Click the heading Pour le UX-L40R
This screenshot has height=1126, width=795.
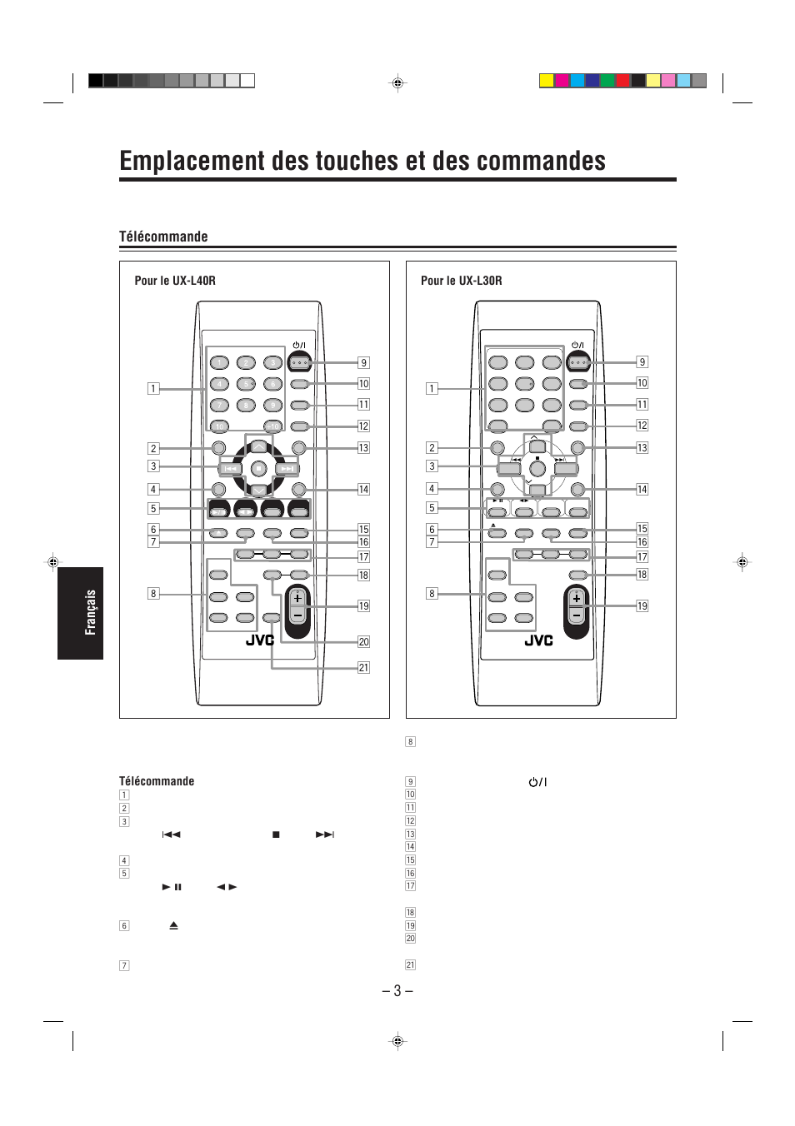click(x=175, y=281)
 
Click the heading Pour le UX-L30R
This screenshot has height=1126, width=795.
click(x=461, y=281)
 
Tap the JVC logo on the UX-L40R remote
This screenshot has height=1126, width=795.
click(x=260, y=640)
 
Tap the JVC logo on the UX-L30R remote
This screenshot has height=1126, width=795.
click(x=538, y=640)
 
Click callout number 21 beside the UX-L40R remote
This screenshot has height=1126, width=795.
click(x=363, y=667)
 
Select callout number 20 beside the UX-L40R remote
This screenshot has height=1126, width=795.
click(x=363, y=641)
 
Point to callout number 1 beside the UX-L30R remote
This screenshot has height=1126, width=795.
click(x=432, y=388)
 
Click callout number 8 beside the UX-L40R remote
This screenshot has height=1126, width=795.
click(x=153, y=594)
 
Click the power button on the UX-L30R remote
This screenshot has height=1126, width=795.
click(x=578, y=362)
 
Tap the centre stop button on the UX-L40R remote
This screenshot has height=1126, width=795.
click(x=258, y=468)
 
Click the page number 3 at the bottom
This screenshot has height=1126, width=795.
click(x=397, y=990)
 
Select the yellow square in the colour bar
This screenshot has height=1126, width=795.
click(x=546, y=81)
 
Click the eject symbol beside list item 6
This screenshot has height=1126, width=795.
click(x=174, y=925)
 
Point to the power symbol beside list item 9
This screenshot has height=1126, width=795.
click(x=537, y=782)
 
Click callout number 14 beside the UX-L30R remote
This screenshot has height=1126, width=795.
click(x=642, y=489)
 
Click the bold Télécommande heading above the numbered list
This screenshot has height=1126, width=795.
click(x=157, y=781)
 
